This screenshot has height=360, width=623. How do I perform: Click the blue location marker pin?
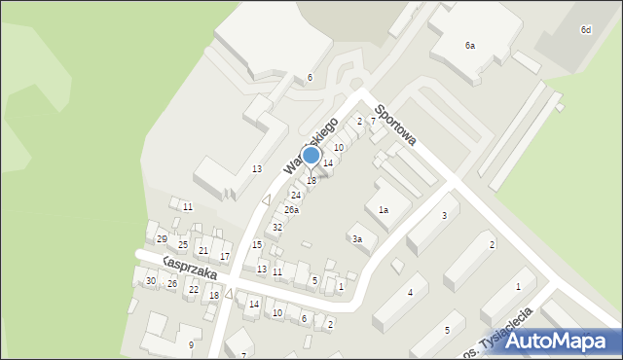point(311,156)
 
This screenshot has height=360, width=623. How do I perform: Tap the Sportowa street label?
point(394,126)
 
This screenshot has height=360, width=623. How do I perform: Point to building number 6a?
point(470,46)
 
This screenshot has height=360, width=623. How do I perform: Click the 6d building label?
point(585,30)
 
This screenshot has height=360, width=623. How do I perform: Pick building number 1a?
point(384,210)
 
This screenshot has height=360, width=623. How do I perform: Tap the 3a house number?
point(357,239)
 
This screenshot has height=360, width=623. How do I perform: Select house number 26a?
point(291,210)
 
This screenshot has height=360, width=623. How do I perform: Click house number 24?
point(295,196)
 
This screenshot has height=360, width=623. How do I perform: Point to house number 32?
point(277,227)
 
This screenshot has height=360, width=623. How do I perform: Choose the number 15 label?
point(257,244)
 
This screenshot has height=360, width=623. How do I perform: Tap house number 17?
point(225,257)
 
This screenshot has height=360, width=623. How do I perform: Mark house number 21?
point(203,251)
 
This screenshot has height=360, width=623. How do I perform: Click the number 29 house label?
point(162,239)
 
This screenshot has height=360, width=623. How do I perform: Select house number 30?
point(150,281)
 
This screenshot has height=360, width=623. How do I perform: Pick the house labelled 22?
point(193,290)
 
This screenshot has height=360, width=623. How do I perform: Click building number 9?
point(191,345)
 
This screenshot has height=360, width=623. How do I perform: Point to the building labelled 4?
point(411,293)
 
